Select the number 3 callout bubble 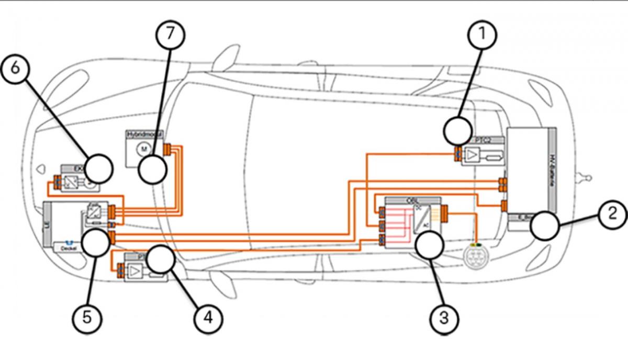click(x=444, y=317)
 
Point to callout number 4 click(x=208, y=317)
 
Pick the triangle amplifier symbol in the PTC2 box click(x=472, y=155)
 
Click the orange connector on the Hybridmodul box click(x=167, y=150)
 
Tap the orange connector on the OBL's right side click(x=445, y=213)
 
